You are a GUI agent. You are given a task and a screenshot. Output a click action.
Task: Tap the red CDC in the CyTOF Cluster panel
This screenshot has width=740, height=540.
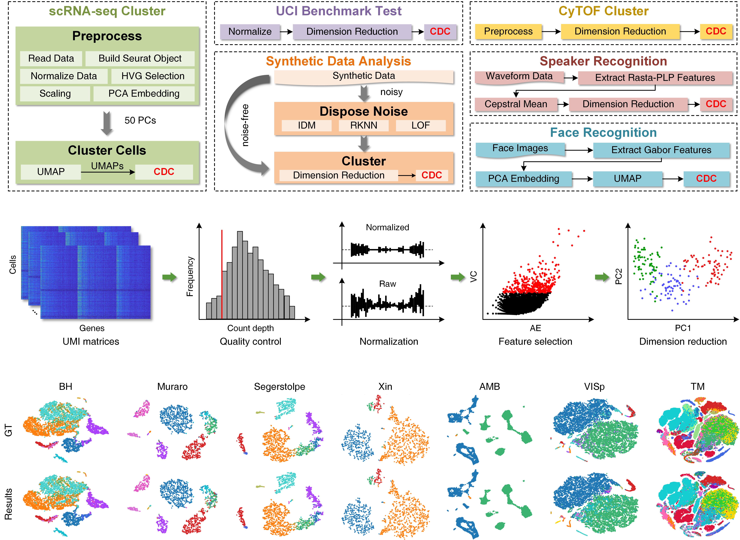pyautogui.click(x=716, y=31)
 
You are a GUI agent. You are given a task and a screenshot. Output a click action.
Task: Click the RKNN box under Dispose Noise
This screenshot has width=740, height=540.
pyautogui.click(x=364, y=125)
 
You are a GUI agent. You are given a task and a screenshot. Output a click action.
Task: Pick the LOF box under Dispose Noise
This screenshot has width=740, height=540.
pyautogui.click(x=420, y=125)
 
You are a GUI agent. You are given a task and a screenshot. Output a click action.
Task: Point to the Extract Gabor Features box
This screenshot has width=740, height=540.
pyautogui.click(x=661, y=150)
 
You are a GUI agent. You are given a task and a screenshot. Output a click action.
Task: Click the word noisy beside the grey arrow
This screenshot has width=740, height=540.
pyautogui.click(x=391, y=92)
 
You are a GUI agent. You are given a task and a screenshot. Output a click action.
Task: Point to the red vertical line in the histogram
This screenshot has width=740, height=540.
pyautogui.click(x=222, y=275)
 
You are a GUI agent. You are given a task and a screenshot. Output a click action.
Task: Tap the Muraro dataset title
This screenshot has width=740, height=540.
pyautogui.click(x=172, y=387)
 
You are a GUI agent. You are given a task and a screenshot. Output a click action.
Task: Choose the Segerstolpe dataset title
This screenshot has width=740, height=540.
pyautogui.click(x=280, y=387)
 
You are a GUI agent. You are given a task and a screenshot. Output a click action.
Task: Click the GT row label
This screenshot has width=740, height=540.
pyautogui.click(x=9, y=430)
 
